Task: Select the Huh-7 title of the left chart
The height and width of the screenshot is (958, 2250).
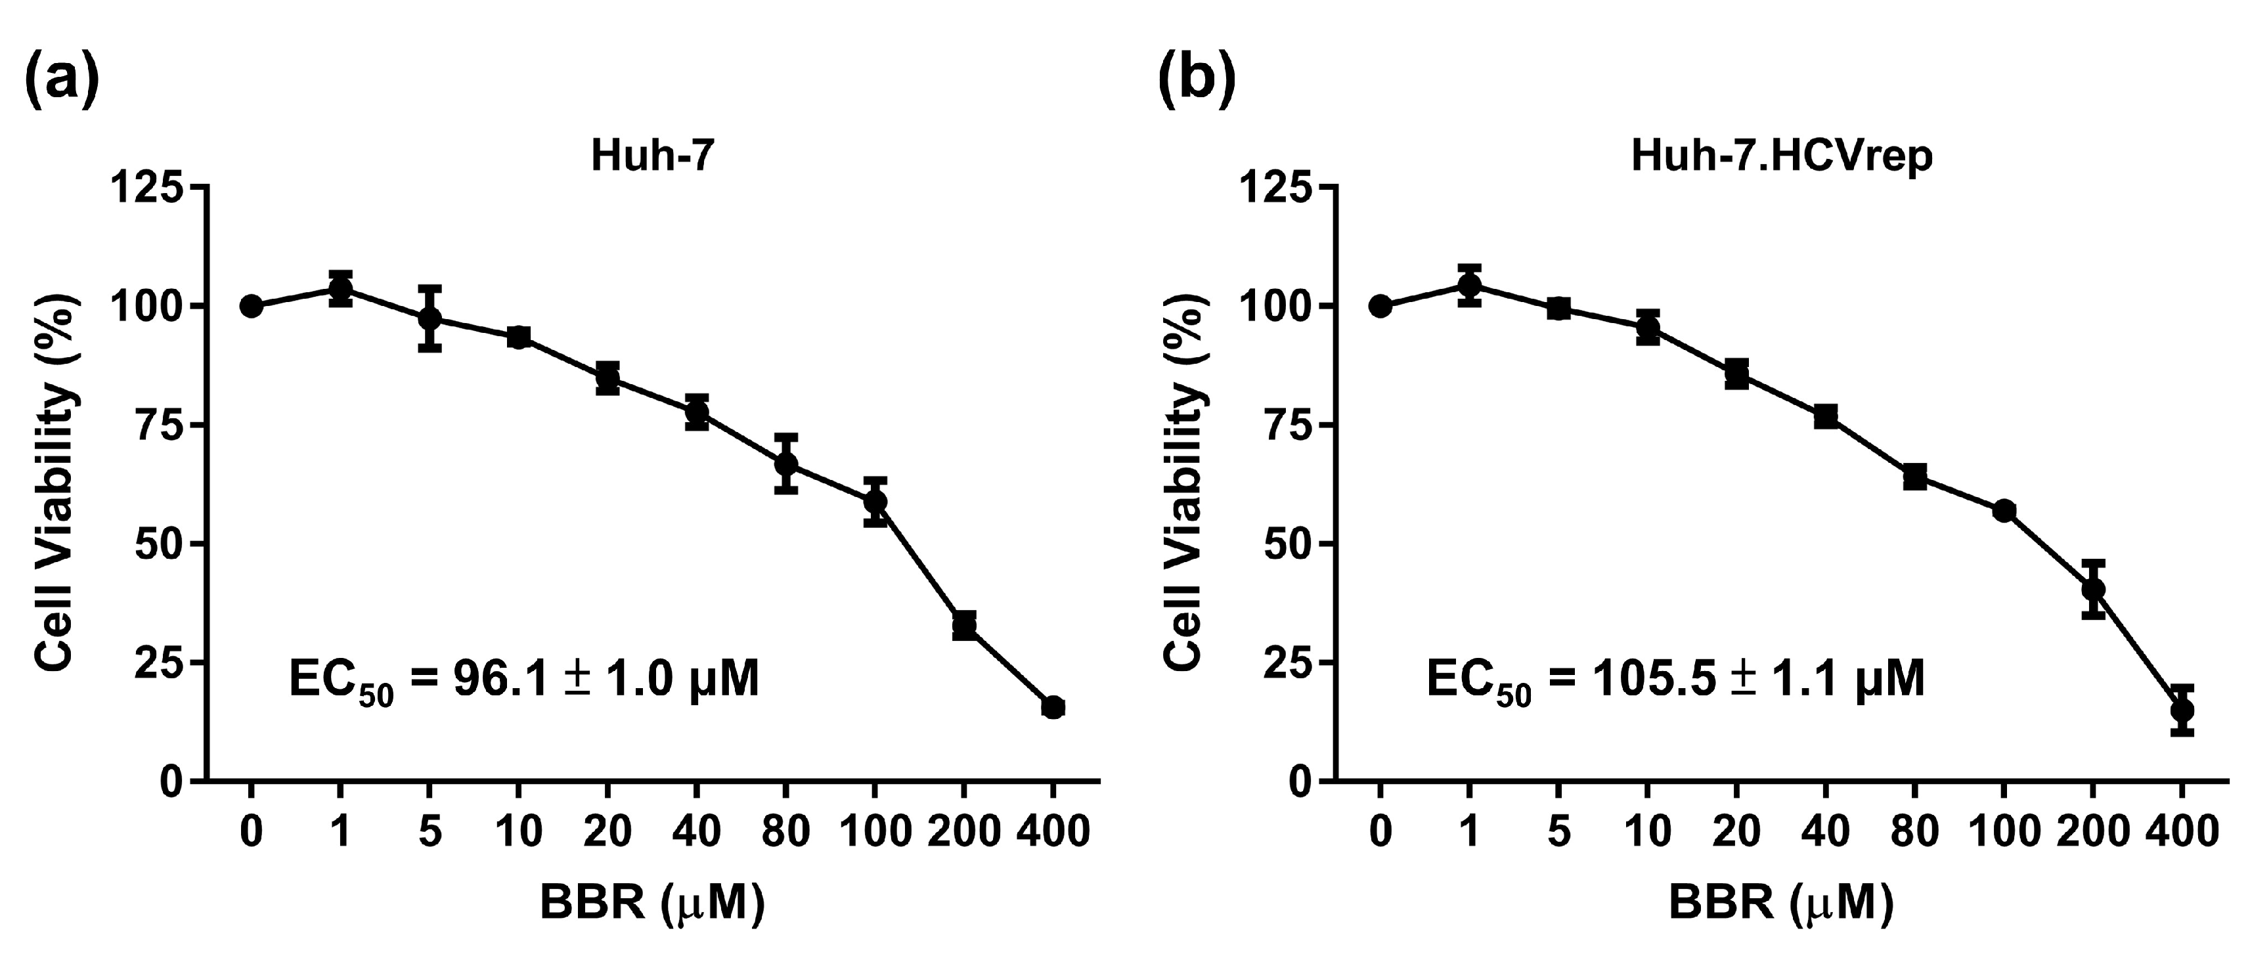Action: pos(652,157)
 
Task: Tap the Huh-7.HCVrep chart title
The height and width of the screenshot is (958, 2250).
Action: pos(1782,157)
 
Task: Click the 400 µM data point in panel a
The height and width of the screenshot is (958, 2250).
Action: pos(1053,707)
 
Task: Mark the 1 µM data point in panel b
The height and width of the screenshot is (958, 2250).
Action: pos(1470,285)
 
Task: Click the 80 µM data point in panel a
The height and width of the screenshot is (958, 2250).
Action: pos(786,463)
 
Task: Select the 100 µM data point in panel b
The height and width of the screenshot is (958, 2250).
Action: pos(2004,510)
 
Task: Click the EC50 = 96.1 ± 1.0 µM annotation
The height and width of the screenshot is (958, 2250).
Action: pos(524,681)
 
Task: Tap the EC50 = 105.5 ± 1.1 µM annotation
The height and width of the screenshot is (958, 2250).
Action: pos(1675,681)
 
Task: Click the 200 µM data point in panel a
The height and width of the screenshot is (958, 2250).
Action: pos(964,625)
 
